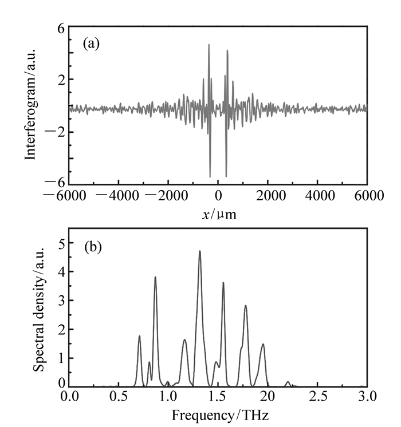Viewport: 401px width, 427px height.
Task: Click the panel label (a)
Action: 92,44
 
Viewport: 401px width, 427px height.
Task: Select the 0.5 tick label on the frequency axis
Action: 119,396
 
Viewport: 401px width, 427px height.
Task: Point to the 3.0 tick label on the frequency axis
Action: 367,396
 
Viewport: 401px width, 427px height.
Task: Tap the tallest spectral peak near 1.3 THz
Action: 200,251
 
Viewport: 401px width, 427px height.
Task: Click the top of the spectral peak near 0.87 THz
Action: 155,277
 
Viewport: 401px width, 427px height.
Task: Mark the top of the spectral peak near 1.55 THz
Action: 223,283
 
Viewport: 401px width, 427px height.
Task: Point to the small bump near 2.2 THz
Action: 288,382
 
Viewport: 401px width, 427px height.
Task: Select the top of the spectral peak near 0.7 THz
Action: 139,336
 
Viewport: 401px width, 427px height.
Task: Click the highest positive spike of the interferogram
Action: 209,45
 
